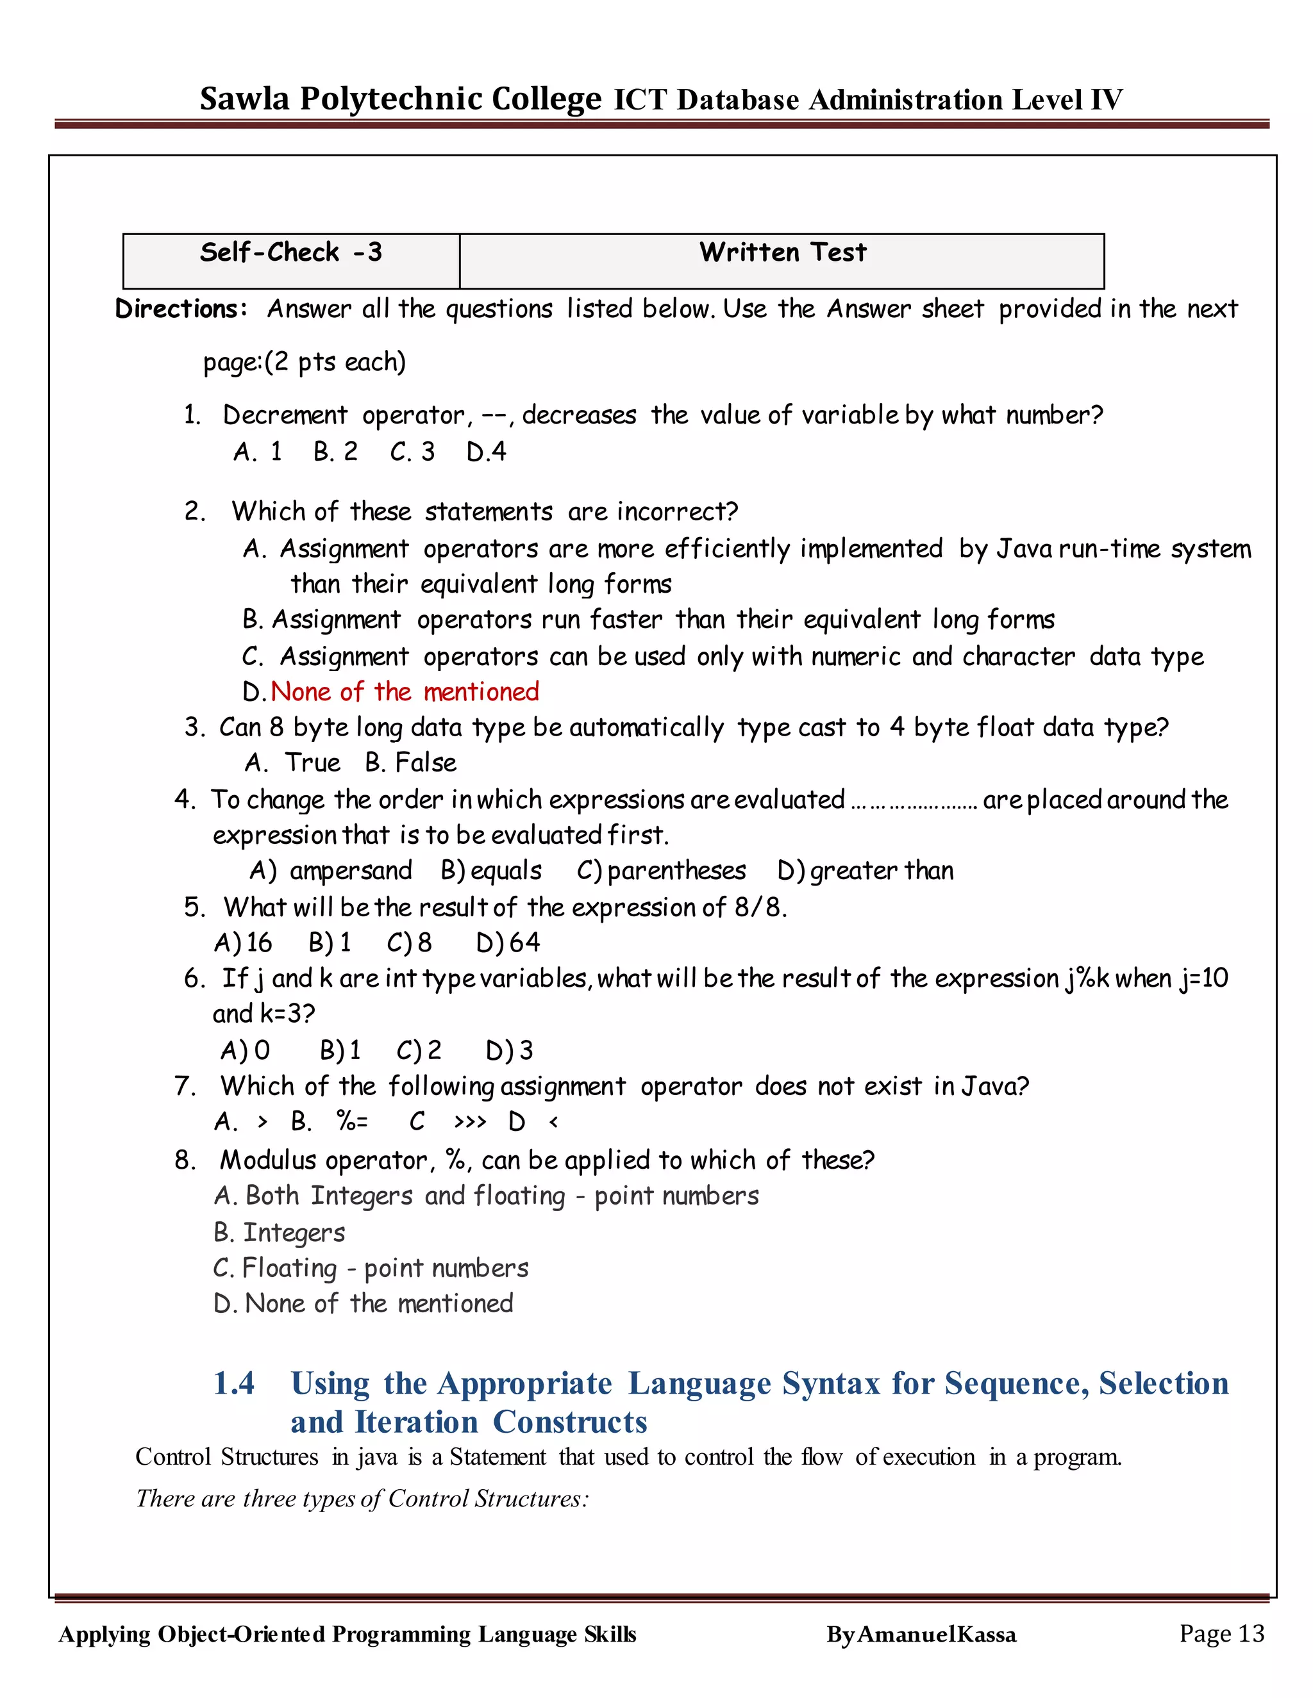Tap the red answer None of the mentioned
[x=405, y=692]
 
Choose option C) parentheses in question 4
[x=661, y=871]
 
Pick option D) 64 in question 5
[x=508, y=943]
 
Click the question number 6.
[x=193, y=979]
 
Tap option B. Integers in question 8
[x=280, y=1233]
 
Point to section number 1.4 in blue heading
[x=233, y=1384]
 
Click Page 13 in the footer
[x=1221, y=1633]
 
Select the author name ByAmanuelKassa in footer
[x=921, y=1635]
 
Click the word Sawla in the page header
[x=244, y=99]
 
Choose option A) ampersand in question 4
[x=331, y=871]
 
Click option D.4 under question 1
[x=486, y=452]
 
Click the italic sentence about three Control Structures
[x=362, y=1499]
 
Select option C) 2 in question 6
[x=419, y=1051]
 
